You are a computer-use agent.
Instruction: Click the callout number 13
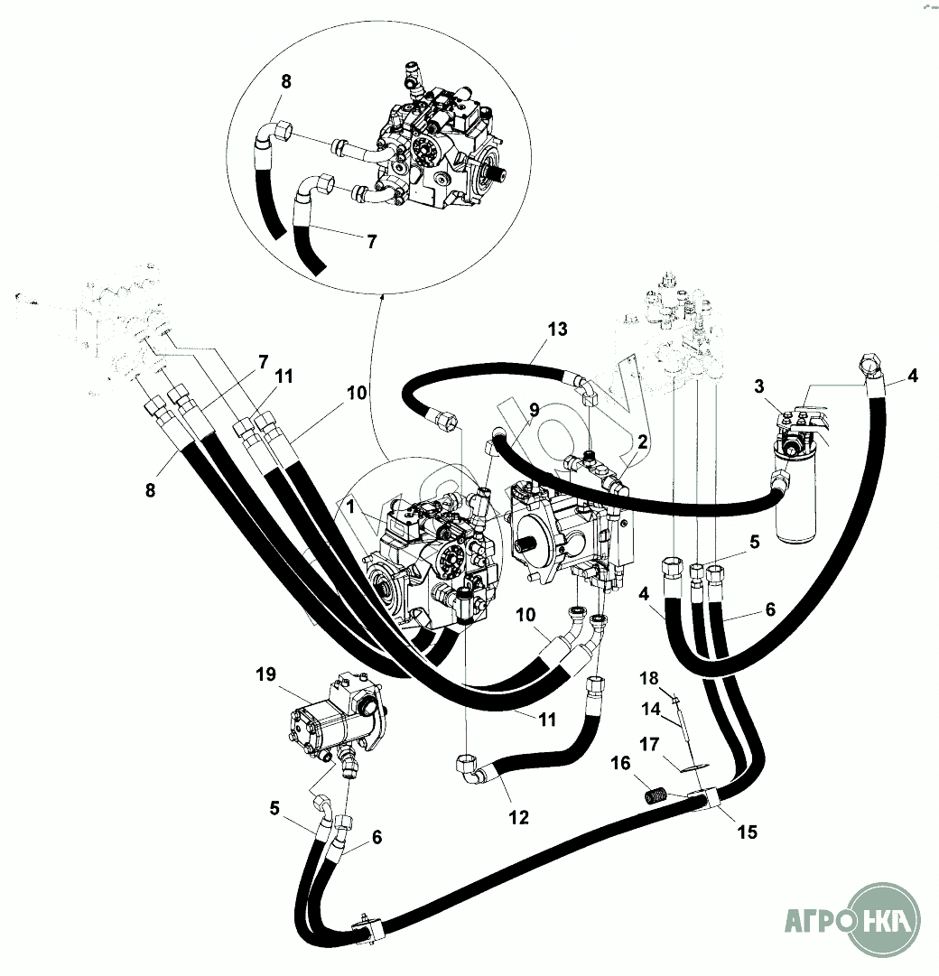[x=557, y=329]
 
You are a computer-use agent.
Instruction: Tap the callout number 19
[x=265, y=674]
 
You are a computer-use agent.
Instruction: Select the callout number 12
[x=517, y=818]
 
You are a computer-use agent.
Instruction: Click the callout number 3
[x=760, y=387]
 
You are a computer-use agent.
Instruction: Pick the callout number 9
[x=534, y=409]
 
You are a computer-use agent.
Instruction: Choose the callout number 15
[x=747, y=832]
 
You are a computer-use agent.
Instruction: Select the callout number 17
[x=648, y=745]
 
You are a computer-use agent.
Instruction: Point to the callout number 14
[x=650, y=710]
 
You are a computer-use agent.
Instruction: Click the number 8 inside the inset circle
[x=286, y=81]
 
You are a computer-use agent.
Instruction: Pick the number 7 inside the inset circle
[x=371, y=242]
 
